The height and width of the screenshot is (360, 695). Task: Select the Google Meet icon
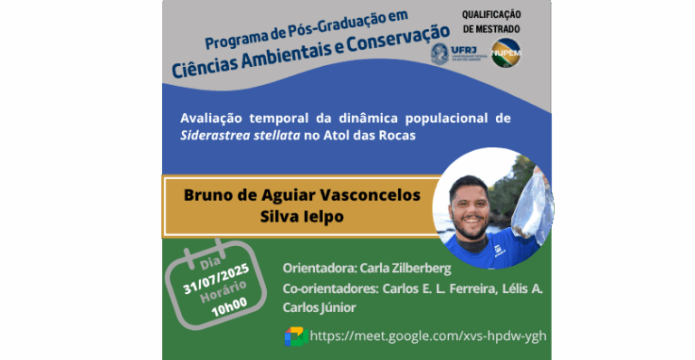pos(296,336)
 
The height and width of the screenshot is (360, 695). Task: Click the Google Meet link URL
pos(428,336)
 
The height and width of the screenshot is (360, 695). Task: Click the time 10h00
pos(230,307)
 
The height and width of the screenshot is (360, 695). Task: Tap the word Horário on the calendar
pos(223,292)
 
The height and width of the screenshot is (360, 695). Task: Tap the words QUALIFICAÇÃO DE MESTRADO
pos(492,21)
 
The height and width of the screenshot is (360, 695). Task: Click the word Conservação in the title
pos(386,59)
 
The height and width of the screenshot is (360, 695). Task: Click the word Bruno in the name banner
pos(206,194)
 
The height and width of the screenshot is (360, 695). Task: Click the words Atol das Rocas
pos(384,135)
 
